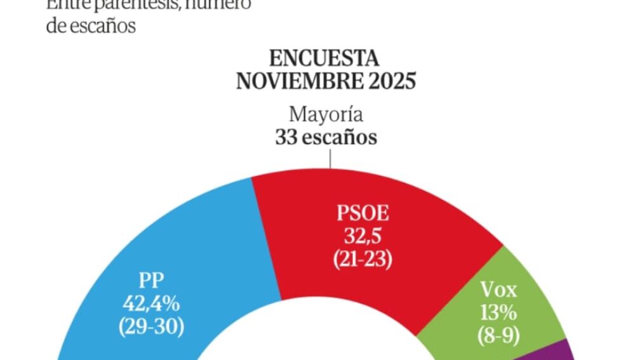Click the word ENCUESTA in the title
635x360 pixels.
[324, 59]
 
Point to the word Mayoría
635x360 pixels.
[326, 116]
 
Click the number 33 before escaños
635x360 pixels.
[286, 137]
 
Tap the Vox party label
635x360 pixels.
[499, 291]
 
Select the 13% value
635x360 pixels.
[499, 314]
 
